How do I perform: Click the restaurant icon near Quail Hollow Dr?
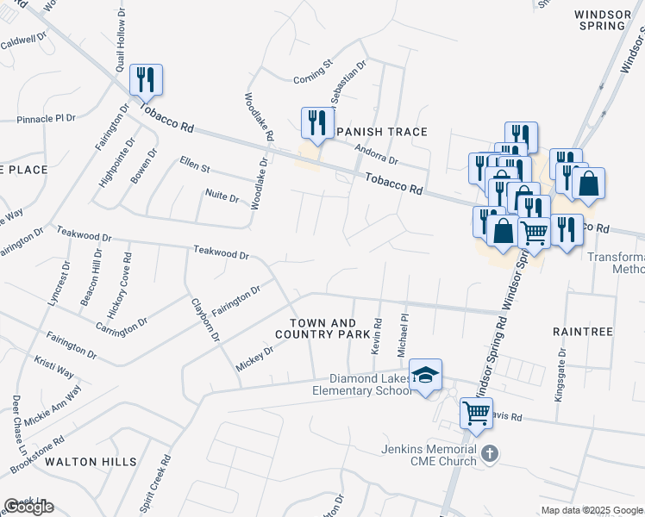click(x=146, y=80)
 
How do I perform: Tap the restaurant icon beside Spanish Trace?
click(x=316, y=122)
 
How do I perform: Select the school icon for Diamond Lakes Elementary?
click(x=425, y=375)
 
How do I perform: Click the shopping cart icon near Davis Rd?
click(x=476, y=413)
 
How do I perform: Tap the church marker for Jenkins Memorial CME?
click(x=489, y=452)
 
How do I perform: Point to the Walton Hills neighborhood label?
click(x=91, y=462)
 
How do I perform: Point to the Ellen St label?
click(x=195, y=164)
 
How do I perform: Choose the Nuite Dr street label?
click(x=221, y=197)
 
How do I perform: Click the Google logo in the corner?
click(x=28, y=507)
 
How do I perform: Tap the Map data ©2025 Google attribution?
click(x=592, y=510)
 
